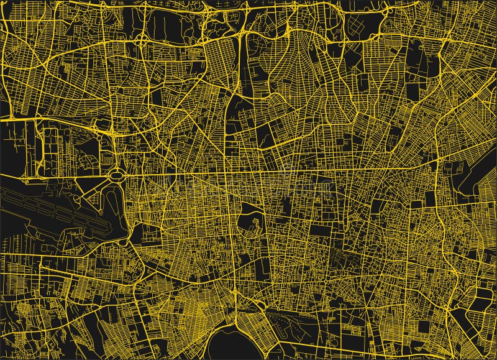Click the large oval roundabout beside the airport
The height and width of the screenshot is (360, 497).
[x=116, y=177]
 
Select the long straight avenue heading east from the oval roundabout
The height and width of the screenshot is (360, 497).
[x=280, y=173]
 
